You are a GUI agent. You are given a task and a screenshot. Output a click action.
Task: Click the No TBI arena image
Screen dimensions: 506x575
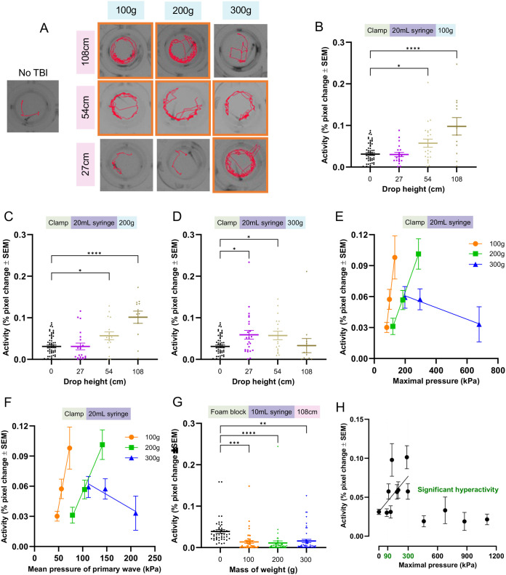(33, 106)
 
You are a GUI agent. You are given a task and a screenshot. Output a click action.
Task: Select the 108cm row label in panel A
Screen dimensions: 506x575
(86, 52)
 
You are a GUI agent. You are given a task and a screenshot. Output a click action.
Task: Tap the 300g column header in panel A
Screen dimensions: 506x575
(241, 10)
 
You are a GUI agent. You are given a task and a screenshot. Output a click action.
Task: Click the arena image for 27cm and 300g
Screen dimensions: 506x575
(241, 165)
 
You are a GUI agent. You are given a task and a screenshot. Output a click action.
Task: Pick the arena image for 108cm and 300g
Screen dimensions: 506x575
(241, 51)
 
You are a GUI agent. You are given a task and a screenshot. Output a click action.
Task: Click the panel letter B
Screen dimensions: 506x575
(319, 26)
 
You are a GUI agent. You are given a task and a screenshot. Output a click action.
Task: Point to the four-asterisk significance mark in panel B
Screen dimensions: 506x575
(413, 49)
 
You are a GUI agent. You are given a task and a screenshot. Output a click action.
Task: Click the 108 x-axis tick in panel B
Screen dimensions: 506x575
(457, 179)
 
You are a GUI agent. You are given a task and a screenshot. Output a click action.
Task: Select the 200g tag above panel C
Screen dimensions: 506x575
(126, 222)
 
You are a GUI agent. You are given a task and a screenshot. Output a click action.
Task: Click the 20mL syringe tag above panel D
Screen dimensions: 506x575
(262, 222)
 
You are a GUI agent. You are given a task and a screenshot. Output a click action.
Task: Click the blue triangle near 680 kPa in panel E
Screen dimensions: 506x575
(479, 324)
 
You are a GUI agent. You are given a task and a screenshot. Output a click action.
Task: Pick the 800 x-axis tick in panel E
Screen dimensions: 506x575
(497, 370)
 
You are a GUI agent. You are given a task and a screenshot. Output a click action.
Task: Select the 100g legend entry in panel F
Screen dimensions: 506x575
(142, 437)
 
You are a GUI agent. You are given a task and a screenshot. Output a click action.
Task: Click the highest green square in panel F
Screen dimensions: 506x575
(103, 444)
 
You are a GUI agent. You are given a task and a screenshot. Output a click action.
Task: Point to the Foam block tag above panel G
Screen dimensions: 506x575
(228, 412)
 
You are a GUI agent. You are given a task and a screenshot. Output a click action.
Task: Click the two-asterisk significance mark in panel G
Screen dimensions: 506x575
(263, 424)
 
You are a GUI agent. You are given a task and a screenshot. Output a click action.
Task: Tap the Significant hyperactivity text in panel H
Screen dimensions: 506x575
(458, 489)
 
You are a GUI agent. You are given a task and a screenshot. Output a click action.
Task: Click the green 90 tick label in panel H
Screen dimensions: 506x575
(387, 556)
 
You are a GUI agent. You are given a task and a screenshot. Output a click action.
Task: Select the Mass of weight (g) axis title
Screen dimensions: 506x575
(263, 569)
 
